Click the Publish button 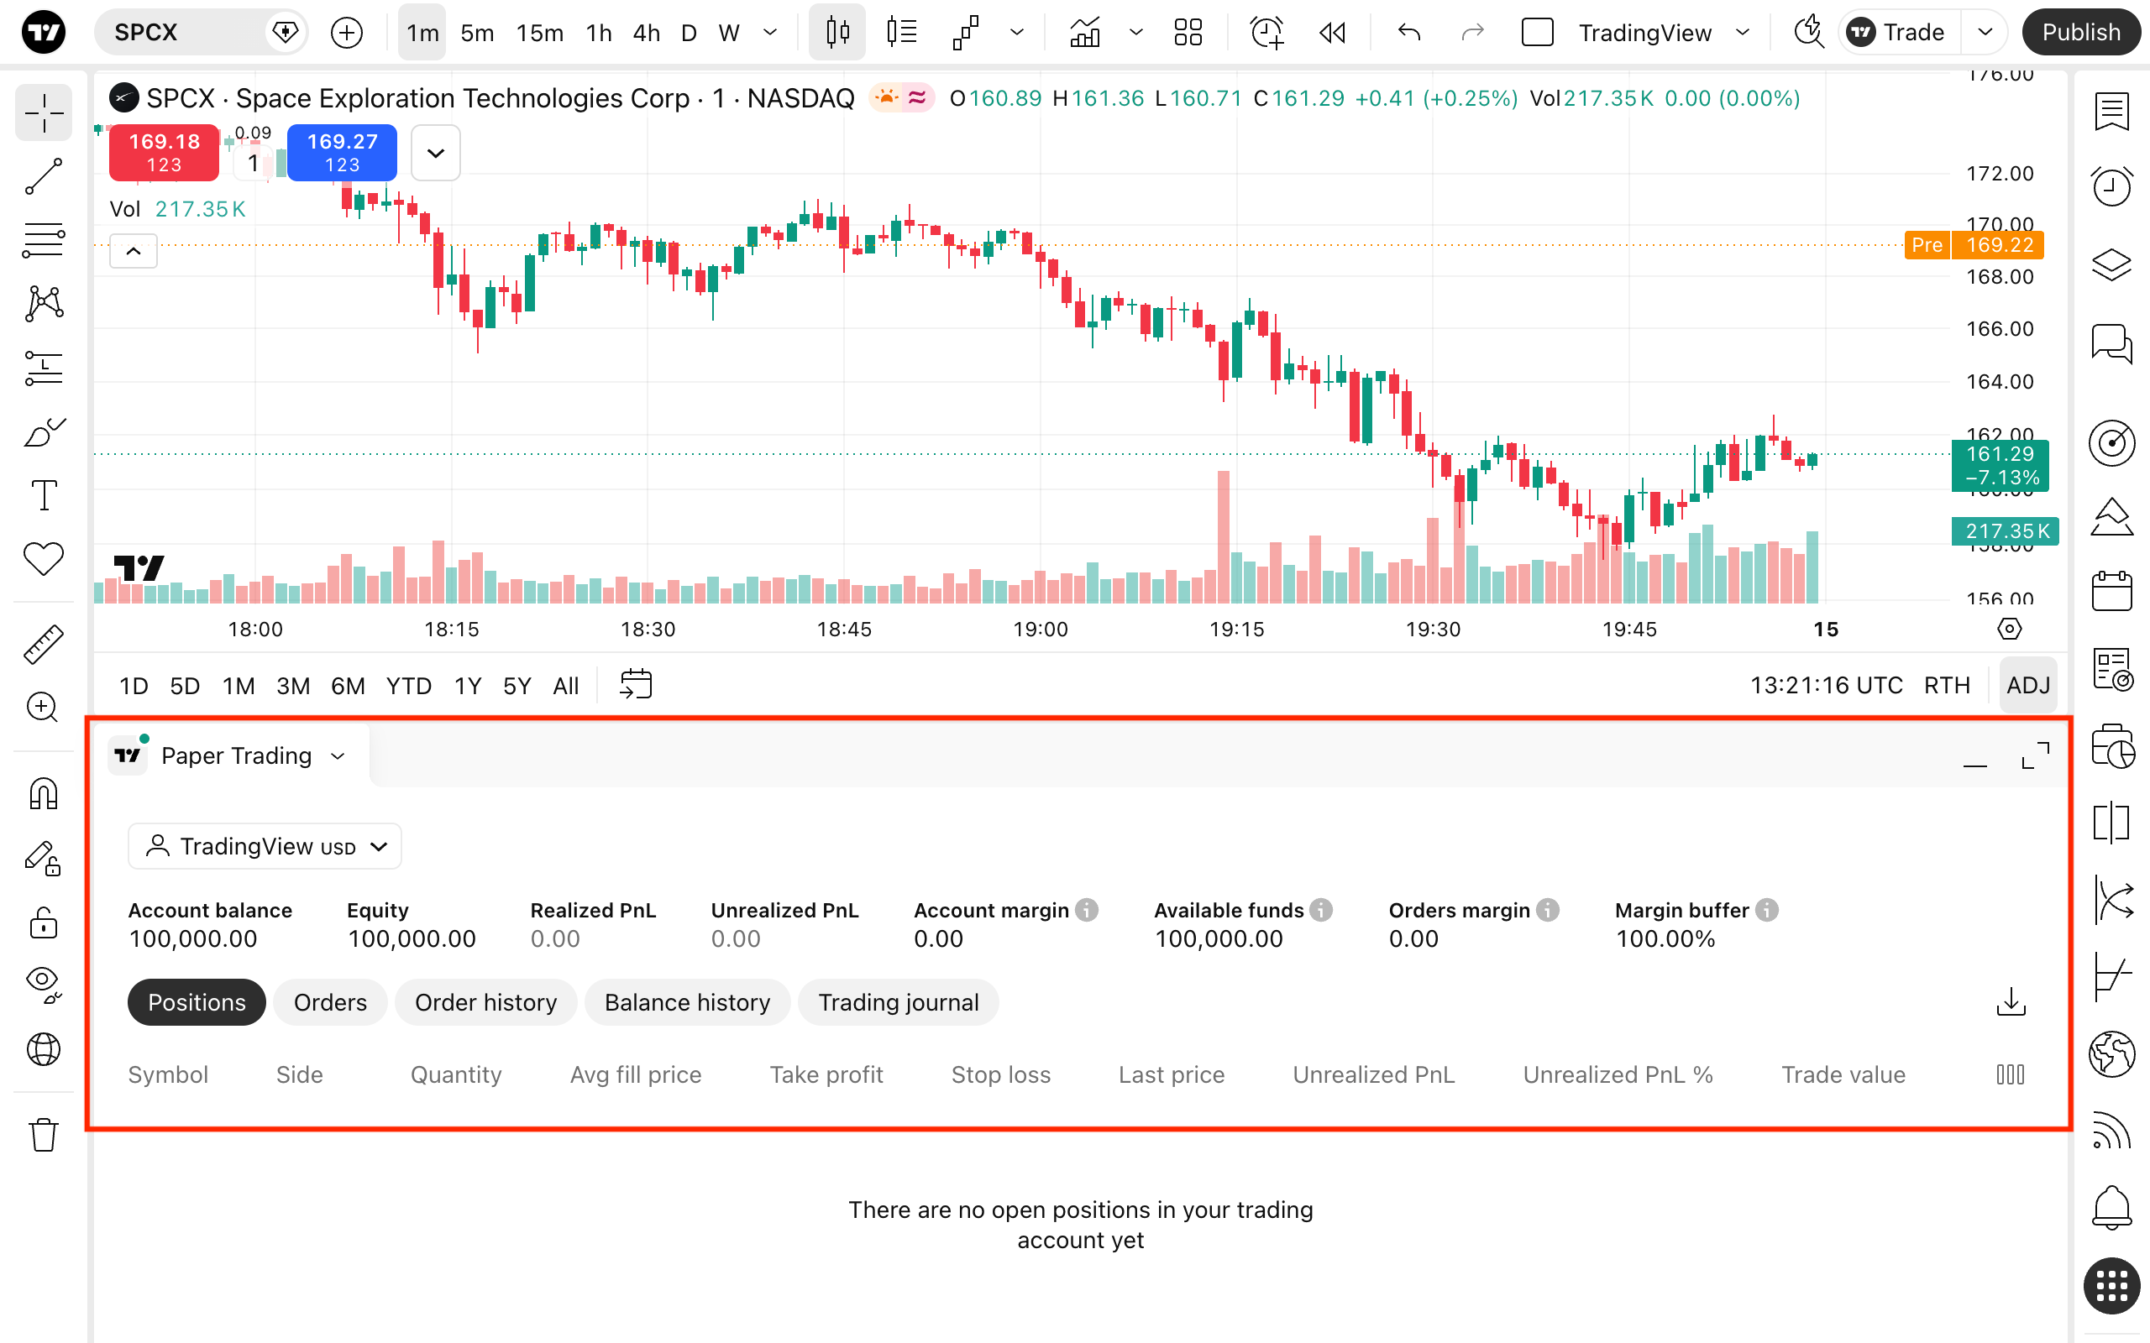pyautogui.click(x=2080, y=33)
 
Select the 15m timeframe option pyautogui.click(x=539, y=33)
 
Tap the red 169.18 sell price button pyautogui.click(x=165, y=152)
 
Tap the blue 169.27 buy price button pyautogui.click(x=342, y=152)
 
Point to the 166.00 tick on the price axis pyautogui.click(x=2000, y=329)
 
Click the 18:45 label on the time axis pyautogui.click(x=844, y=630)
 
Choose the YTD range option pyautogui.click(x=409, y=686)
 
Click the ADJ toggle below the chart pyautogui.click(x=2028, y=685)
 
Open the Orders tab pyautogui.click(x=329, y=1002)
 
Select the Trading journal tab pyautogui.click(x=898, y=1002)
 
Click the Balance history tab pyautogui.click(x=687, y=1002)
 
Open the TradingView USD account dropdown pyautogui.click(x=265, y=846)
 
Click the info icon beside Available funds pyautogui.click(x=1321, y=911)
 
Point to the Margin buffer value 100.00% pyautogui.click(x=1665, y=939)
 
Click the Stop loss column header pyautogui.click(x=1000, y=1074)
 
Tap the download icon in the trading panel pyautogui.click(x=2011, y=1002)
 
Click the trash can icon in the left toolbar pyautogui.click(x=43, y=1134)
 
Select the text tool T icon pyautogui.click(x=44, y=495)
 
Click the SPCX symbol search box pyautogui.click(x=200, y=33)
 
